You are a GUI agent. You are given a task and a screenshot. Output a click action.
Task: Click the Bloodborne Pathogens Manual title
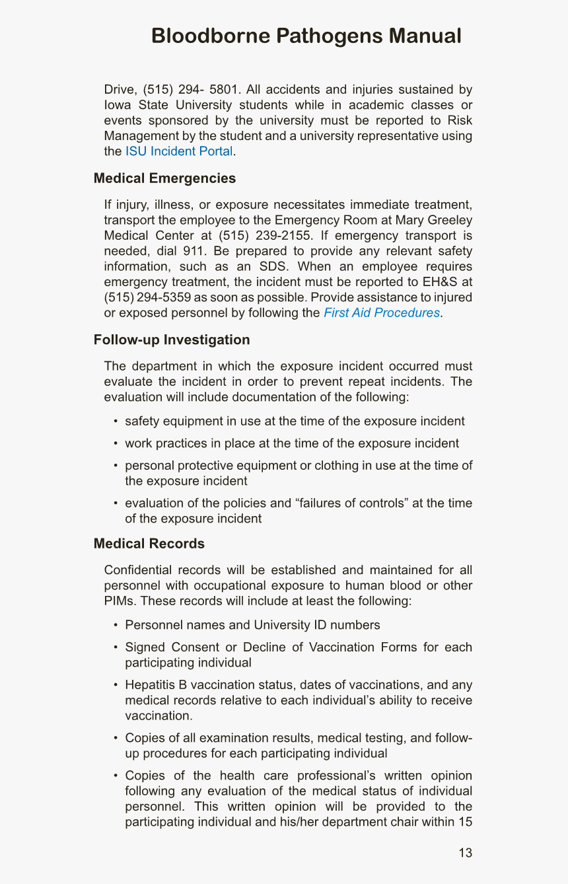coord(306,36)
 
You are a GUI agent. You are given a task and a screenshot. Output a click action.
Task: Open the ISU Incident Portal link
coord(178,151)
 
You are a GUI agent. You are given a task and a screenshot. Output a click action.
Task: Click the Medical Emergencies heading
coord(164,178)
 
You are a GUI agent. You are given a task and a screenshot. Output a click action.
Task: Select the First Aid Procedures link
coord(381,313)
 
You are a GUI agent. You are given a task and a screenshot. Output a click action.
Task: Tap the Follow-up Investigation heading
coord(172,340)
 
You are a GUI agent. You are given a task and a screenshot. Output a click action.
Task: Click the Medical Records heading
coord(149,543)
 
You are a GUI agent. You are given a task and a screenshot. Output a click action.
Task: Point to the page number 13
coord(465,853)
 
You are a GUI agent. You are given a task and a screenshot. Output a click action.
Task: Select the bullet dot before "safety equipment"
coord(116,422)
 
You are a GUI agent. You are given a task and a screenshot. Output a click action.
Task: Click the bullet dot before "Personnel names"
coord(116,625)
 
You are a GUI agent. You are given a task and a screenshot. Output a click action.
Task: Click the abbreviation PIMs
coord(120,601)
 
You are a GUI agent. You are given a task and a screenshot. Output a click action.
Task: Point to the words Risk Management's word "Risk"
coord(460,120)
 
